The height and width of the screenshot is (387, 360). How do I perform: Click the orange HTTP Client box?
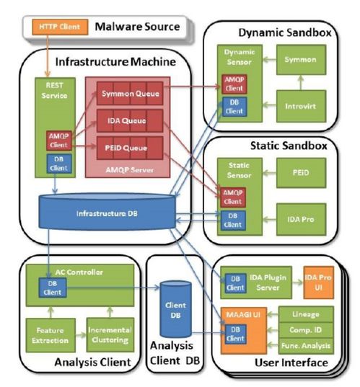[60, 27]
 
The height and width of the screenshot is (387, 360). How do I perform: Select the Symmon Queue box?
[130, 93]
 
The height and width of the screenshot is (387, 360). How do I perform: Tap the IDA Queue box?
[130, 120]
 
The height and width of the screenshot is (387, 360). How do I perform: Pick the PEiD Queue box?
[130, 148]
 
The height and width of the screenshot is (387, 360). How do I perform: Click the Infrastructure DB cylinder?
[107, 211]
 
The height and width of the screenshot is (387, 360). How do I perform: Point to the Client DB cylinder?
[176, 309]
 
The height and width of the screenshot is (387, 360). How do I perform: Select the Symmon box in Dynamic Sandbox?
[301, 60]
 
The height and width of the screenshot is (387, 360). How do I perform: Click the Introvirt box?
[301, 106]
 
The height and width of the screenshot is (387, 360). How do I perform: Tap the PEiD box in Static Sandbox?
[301, 173]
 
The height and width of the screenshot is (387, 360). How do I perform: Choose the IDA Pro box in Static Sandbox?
[301, 219]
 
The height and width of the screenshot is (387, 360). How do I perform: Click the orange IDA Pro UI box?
[318, 283]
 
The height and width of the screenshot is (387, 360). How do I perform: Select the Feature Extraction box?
[51, 335]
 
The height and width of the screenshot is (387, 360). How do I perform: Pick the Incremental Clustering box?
[110, 334]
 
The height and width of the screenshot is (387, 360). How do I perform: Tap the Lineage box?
[306, 314]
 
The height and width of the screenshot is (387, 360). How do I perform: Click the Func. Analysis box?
[306, 346]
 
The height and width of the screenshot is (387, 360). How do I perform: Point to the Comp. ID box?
[306, 330]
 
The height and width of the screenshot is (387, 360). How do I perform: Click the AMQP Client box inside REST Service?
[59, 141]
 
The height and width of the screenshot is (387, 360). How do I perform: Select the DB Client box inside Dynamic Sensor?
[234, 107]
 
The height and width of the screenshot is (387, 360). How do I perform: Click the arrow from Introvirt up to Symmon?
[301, 82]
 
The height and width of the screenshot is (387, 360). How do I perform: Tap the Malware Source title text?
[137, 27]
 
